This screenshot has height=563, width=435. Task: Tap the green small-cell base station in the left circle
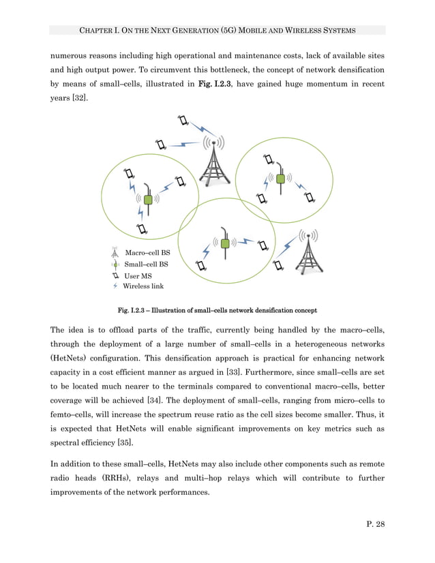pyautogui.click(x=147, y=199)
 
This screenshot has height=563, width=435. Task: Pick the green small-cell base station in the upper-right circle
pyautogui.click(x=280, y=179)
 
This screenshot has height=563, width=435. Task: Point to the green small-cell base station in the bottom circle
pyautogui.click(x=224, y=242)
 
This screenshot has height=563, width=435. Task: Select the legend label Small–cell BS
pyautogui.click(x=146, y=264)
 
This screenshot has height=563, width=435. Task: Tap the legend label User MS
pyautogui.click(x=138, y=276)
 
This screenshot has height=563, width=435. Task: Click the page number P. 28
pyautogui.click(x=373, y=523)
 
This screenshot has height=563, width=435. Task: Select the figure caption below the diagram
pyautogui.click(x=217, y=311)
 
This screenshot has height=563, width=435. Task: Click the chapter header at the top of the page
pyautogui.click(x=217, y=30)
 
